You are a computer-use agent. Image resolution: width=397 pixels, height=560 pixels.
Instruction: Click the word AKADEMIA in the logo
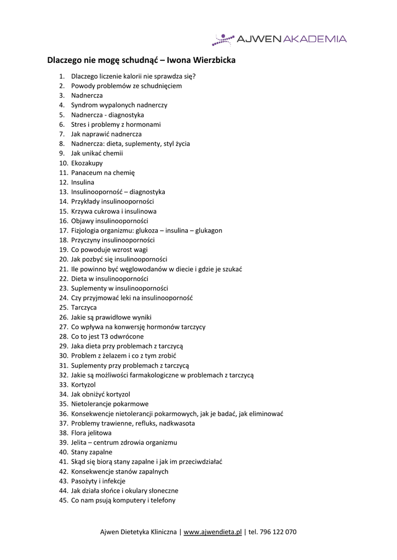click(x=314, y=39)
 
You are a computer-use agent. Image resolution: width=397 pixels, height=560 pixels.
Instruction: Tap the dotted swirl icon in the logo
click(x=222, y=39)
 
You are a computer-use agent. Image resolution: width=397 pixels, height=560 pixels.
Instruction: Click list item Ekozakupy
click(x=87, y=163)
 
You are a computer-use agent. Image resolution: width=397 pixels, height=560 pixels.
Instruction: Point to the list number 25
click(x=63, y=307)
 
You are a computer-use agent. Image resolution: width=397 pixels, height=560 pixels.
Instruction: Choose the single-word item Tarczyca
click(x=84, y=307)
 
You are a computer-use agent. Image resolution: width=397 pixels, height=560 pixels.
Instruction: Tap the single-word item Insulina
click(x=83, y=182)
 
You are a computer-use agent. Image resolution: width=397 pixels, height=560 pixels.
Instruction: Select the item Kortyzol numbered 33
click(x=83, y=384)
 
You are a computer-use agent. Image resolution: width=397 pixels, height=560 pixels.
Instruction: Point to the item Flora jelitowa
click(x=91, y=433)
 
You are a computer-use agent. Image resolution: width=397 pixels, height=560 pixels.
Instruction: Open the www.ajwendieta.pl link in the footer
click(x=212, y=532)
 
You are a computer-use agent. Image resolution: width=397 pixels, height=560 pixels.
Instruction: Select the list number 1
click(x=62, y=76)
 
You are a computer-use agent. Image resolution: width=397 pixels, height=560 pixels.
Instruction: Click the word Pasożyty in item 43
click(x=84, y=481)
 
